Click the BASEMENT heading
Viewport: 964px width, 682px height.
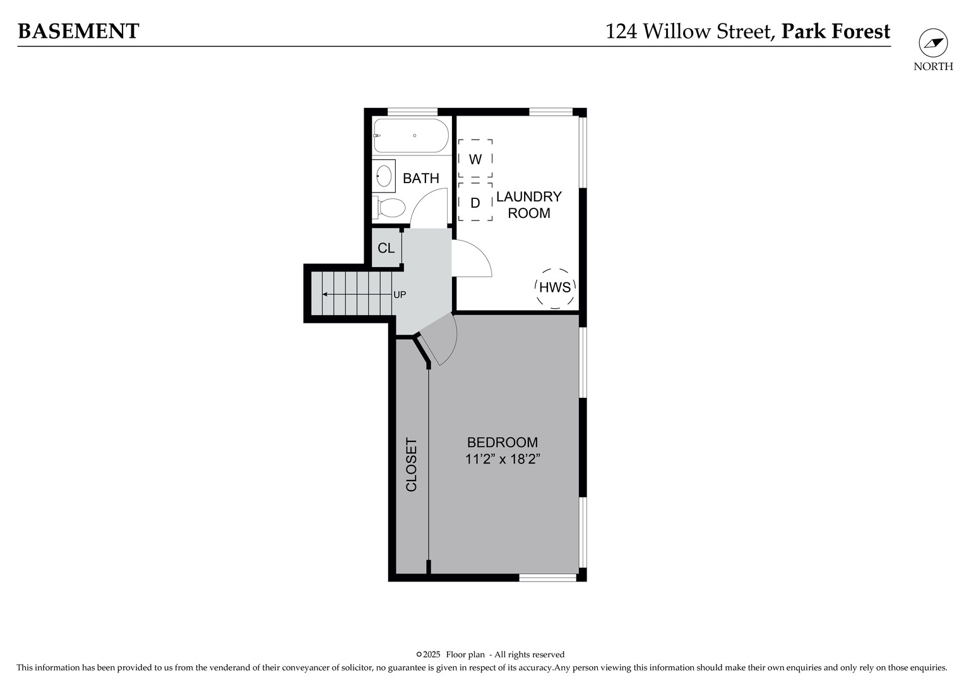click(78, 32)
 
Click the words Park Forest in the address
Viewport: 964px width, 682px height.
click(835, 32)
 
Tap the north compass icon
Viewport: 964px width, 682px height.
click(932, 43)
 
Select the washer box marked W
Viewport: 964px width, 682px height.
click(475, 159)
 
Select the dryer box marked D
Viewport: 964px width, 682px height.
click(475, 203)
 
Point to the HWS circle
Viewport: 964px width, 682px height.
click(555, 287)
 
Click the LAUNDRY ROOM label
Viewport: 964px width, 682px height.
click(528, 205)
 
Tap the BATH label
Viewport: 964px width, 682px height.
click(420, 179)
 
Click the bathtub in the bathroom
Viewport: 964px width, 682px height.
click(410, 136)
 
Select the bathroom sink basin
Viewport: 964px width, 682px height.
click(383, 175)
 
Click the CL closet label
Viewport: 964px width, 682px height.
click(386, 248)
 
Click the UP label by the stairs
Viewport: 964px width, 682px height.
click(400, 295)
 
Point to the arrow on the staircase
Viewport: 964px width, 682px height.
click(335, 294)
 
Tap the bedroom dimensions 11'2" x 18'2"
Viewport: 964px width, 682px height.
click(503, 460)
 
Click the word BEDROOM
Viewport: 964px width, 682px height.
click(503, 443)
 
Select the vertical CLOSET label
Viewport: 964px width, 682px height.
click(411, 465)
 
